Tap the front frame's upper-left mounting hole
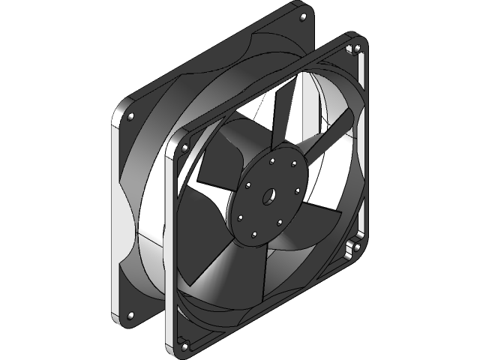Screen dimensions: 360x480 click(x=182, y=148)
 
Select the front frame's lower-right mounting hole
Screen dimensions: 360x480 click(x=357, y=247)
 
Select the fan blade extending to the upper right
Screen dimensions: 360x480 click(x=330, y=139)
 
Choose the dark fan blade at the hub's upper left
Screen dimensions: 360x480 click(x=217, y=161)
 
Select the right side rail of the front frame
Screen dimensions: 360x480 click(x=364, y=150)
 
